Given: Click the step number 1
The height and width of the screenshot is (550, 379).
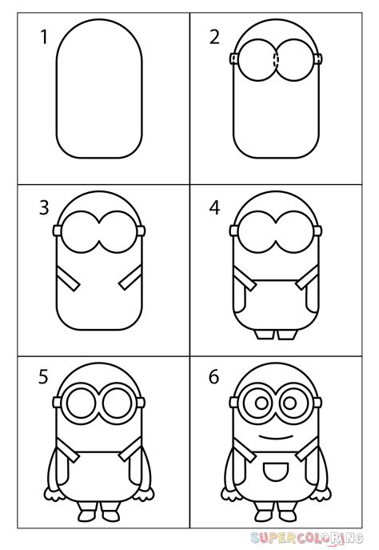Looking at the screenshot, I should tap(45, 38).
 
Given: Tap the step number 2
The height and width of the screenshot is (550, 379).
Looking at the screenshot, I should tap(215, 38).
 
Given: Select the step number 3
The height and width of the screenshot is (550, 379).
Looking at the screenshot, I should tap(45, 209).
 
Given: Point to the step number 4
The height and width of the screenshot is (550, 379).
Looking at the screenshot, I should tap(215, 209).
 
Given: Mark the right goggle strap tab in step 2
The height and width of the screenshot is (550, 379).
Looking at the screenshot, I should tap(318, 58).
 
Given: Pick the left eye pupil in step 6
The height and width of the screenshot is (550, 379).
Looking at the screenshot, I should tap(257, 402).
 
